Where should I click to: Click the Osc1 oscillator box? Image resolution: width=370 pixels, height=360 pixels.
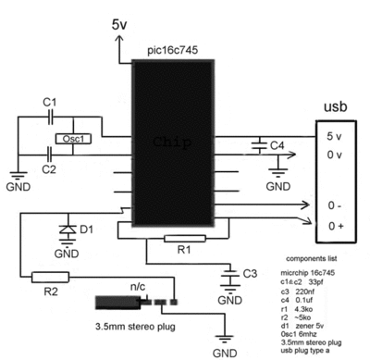pos(70,139)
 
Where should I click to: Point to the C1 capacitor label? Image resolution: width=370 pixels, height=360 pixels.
pos(50,100)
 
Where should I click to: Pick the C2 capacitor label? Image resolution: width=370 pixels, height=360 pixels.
pos(50,169)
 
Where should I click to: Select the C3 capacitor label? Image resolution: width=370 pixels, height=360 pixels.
pos(250,273)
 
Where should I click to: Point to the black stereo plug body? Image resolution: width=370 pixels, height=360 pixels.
pos(116,303)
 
